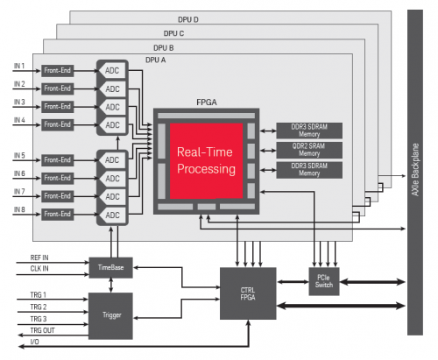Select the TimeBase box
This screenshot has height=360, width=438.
pos(109,266)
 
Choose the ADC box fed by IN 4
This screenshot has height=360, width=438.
pos(113,124)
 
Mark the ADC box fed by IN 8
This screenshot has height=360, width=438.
pos(113,215)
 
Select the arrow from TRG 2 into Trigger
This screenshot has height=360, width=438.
pos(61,308)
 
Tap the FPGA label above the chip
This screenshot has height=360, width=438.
pos(206,102)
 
